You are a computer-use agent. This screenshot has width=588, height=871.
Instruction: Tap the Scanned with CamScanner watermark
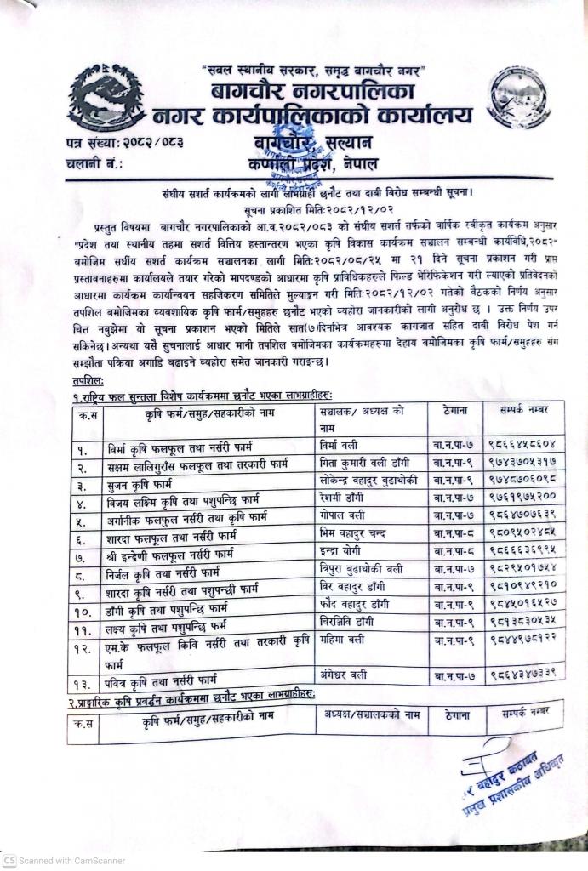click(65, 860)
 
